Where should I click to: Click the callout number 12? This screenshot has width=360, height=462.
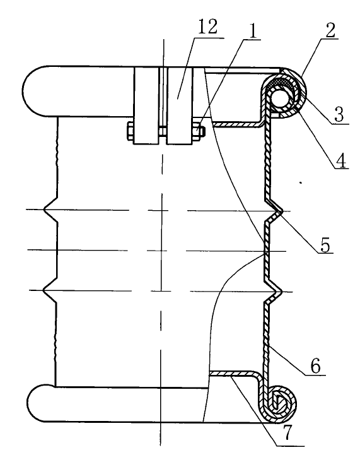[208, 27]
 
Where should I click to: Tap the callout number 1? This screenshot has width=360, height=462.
[253, 30]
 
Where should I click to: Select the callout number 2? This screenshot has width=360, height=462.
[330, 29]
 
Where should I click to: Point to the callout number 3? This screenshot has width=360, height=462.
[339, 115]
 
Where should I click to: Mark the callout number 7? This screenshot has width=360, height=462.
[286, 433]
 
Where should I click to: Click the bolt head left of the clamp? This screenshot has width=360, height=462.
[130, 131]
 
